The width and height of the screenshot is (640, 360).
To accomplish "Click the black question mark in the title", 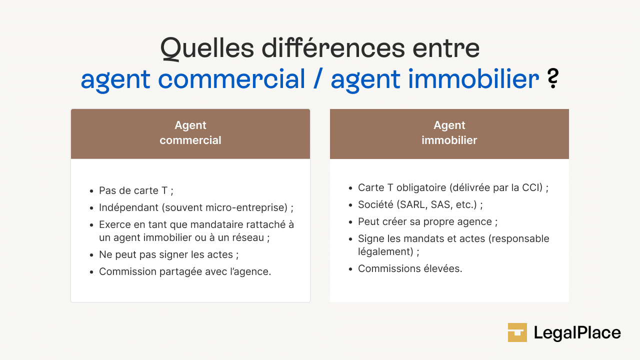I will click(x=552, y=79).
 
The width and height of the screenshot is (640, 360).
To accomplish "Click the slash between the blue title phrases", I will click(x=318, y=79).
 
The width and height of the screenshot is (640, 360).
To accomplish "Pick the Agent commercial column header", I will click(x=190, y=133).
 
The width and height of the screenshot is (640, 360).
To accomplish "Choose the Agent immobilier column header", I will click(x=449, y=133).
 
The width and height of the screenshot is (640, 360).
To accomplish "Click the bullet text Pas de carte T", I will click(x=135, y=190).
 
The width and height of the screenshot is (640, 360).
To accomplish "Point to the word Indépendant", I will click(x=127, y=207).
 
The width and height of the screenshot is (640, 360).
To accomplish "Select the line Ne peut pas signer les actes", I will click(x=168, y=254).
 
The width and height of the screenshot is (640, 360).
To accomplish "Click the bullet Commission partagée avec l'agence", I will click(x=185, y=271).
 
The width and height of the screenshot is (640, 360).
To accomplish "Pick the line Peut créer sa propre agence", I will click(x=427, y=221).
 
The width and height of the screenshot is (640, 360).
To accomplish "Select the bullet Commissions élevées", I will click(x=410, y=268).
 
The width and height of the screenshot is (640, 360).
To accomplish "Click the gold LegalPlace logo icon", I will click(x=517, y=332).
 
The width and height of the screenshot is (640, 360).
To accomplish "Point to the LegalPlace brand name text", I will click(x=577, y=332).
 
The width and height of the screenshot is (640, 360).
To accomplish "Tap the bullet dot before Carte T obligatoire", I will click(x=350, y=188).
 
